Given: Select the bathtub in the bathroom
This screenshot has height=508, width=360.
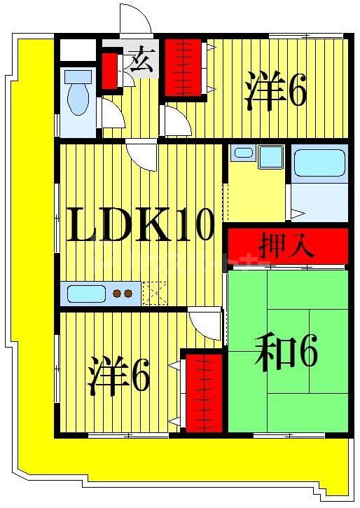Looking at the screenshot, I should tap(319, 163).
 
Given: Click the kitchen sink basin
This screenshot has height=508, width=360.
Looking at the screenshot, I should tap(84, 292).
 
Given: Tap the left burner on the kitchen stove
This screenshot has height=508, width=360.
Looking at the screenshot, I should tap(118, 293).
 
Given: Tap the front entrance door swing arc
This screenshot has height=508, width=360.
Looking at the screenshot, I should tap(135, 20).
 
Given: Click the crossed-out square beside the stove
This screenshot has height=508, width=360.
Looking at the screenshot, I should tap(154, 292).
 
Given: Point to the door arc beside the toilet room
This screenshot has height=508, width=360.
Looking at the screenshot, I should tap(112, 114).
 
